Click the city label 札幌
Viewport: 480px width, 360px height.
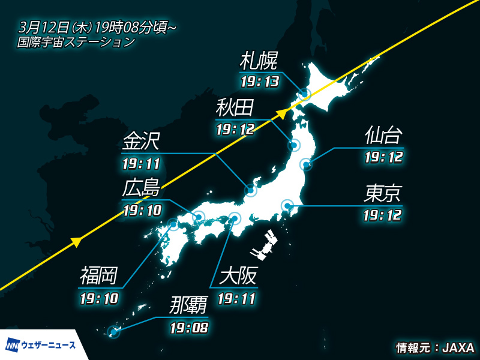(x=259, y=61)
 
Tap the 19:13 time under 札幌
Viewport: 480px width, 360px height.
(x=259, y=81)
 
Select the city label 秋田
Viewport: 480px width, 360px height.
(x=235, y=109)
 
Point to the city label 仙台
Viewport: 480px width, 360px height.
(x=383, y=136)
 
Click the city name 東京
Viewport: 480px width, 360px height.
(x=383, y=193)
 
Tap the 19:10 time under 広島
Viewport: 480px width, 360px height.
(x=141, y=211)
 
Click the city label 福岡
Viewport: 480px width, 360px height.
(x=99, y=277)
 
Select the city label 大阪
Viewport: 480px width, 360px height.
(x=238, y=277)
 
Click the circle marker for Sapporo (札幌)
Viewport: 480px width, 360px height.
(x=305, y=94)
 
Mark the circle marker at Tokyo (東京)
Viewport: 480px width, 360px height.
(x=287, y=206)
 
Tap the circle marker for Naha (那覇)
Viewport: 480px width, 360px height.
(x=112, y=331)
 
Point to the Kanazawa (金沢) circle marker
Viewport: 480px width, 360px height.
(x=251, y=191)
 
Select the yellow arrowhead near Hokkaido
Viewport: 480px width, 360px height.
(x=281, y=113)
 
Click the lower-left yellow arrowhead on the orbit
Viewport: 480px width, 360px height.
(x=76, y=241)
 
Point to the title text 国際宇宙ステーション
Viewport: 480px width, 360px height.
(x=76, y=43)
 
